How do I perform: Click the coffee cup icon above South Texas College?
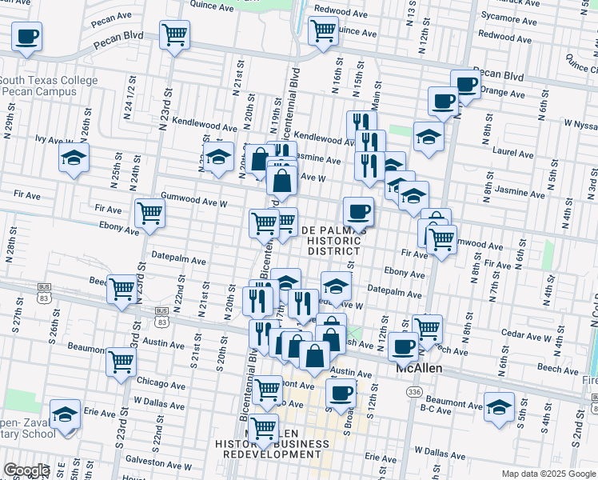(26, 36)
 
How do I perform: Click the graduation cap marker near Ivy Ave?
(74, 158)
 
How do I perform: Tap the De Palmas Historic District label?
(335, 240)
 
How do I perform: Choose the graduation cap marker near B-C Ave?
(499, 406)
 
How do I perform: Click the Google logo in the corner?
(26, 470)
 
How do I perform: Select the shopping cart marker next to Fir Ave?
(149, 213)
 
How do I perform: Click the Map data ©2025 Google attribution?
(543, 474)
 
